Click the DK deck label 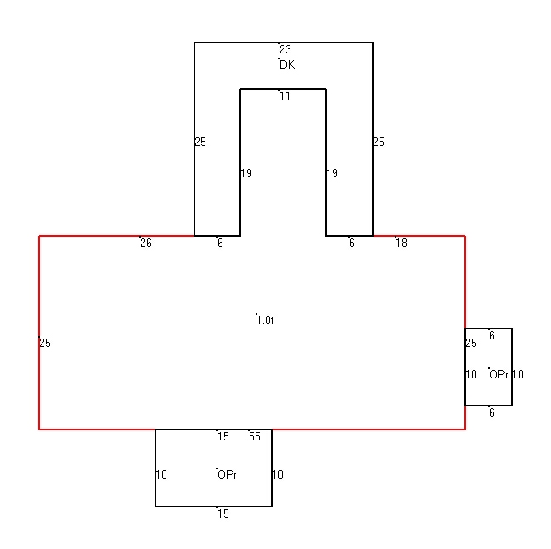287,64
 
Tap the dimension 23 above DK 285,49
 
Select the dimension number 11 285,96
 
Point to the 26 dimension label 146,243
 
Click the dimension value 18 402,243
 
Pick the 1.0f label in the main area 265,320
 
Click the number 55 255,436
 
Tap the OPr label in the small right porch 498,374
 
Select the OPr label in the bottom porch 227,474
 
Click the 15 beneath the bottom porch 223,513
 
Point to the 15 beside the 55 223,436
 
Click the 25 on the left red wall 45,343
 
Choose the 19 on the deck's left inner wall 246,173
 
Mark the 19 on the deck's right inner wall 332,173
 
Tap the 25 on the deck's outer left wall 200,142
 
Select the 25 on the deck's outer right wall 379,142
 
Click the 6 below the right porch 492,412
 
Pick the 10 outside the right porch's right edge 518,374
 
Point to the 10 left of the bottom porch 161,474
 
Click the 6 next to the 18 351,243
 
